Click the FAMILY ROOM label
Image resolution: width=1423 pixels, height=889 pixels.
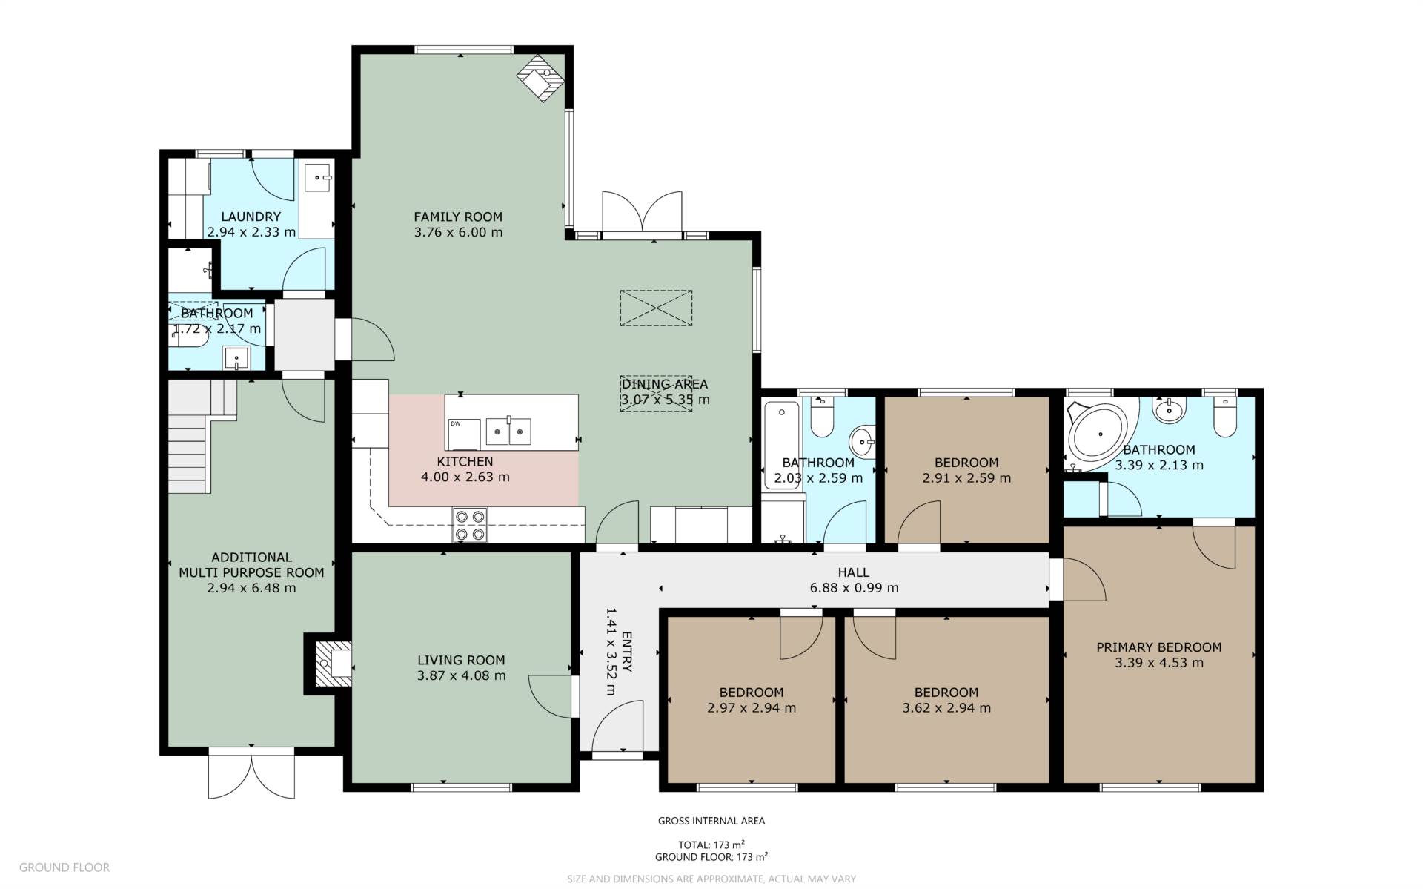click(458, 217)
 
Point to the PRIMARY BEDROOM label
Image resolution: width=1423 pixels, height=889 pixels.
click(1159, 647)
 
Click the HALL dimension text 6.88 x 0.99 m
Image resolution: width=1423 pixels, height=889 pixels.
click(854, 588)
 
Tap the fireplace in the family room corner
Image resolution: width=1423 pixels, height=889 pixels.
click(542, 78)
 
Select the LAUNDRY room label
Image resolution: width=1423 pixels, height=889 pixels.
click(251, 217)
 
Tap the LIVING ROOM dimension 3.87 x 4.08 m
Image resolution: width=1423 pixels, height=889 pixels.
click(462, 675)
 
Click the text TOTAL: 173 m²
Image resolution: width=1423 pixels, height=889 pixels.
click(711, 845)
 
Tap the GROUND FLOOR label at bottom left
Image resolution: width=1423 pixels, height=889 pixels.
click(64, 867)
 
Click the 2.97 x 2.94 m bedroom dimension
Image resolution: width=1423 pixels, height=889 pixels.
click(752, 707)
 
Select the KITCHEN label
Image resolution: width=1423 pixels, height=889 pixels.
click(465, 461)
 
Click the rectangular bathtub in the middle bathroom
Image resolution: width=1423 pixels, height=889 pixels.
click(781, 445)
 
